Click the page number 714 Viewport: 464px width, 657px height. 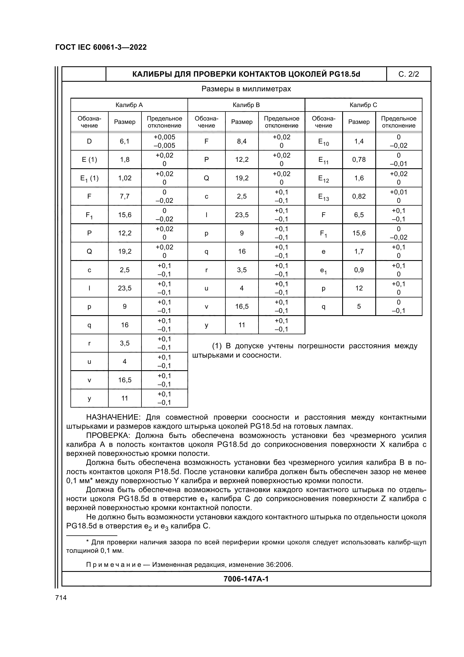[x=61, y=597]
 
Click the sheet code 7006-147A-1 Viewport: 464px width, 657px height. [x=246, y=579]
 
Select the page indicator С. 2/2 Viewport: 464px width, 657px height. [x=408, y=74]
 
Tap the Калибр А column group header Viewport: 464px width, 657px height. [x=129, y=105]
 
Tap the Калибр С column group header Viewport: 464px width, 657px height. [x=363, y=105]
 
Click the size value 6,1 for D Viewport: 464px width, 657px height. [x=125, y=141]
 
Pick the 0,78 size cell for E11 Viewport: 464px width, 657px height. [x=359, y=160]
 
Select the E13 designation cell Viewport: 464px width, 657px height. [x=323, y=197]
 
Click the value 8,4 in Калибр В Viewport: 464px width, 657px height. [x=242, y=141]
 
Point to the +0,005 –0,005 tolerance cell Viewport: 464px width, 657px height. [x=164, y=141]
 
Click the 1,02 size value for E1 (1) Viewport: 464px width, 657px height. [x=125, y=178]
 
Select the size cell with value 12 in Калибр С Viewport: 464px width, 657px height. [x=359, y=288]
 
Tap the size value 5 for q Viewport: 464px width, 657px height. [x=359, y=306]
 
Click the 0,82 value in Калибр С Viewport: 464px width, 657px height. [x=359, y=196]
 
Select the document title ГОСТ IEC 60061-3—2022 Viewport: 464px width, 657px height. [x=101, y=47]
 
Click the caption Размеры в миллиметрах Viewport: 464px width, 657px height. [x=246, y=89]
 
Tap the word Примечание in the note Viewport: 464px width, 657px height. [x=113, y=565]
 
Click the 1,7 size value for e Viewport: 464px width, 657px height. [x=359, y=251]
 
